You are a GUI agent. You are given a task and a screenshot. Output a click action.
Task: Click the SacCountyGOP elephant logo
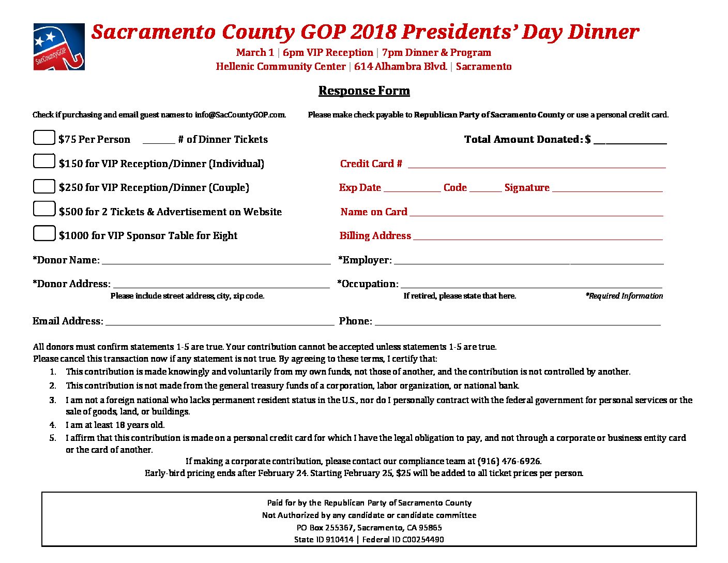click(x=58, y=47)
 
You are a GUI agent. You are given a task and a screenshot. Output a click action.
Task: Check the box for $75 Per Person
click(x=44, y=137)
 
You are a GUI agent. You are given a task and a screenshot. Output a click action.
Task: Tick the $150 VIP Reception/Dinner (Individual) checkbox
click(x=44, y=161)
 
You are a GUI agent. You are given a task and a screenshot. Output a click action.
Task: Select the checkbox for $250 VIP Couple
click(x=44, y=186)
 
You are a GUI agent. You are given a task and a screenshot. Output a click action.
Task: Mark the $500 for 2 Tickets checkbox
click(x=44, y=209)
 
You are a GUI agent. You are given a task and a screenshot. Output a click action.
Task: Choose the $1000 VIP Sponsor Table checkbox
click(x=44, y=233)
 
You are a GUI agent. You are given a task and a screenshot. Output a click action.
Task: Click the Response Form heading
click(x=364, y=91)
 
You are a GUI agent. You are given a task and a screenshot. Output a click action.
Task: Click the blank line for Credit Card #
click(x=536, y=165)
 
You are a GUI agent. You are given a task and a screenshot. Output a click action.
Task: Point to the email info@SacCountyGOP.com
click(x=240, y=115)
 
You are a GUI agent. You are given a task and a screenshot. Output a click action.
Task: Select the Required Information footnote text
click(x=624, y=296)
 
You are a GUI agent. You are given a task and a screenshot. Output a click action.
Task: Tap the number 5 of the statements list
click(x=53, y=438)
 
